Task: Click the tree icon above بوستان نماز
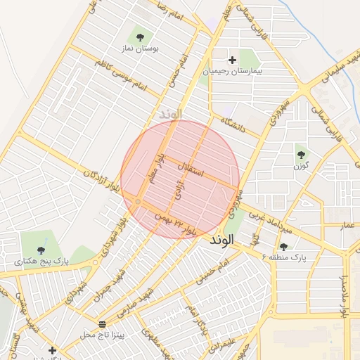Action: click(140, 37)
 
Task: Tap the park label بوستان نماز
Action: click(140, 49)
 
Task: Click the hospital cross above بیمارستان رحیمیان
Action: click(233, 60)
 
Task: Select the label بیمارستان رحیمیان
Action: click(231, 71)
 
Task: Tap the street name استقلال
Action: click(191, 169)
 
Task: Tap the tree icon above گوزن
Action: click(301, 154)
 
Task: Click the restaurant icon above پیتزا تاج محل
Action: click(103, 324)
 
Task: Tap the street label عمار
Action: click(347, 225)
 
